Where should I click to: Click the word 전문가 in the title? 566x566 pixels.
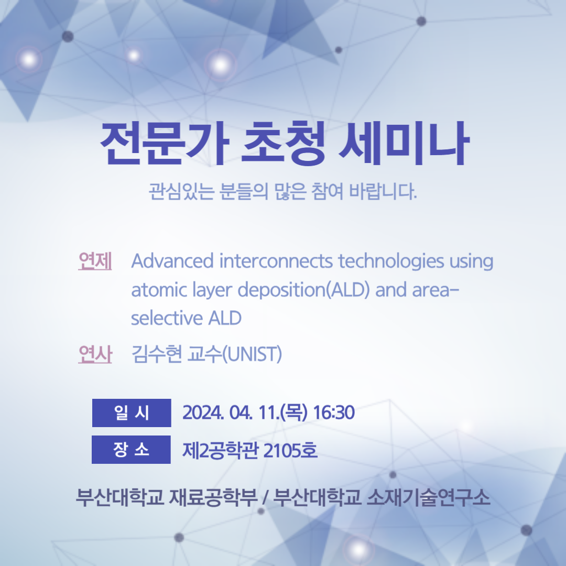point(165,143)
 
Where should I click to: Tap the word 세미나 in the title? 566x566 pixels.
point(404,143)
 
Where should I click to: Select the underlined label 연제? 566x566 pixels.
point(95,261)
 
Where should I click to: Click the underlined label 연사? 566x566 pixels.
point(95,354)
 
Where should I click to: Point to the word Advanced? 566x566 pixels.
point(172,260)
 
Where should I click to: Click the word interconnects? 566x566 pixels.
point(276,260)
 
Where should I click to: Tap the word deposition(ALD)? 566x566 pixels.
point(304,290)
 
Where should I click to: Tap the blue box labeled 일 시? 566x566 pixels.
point(132,413)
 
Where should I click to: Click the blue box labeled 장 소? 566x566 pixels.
point(131,450)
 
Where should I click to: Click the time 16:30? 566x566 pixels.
point(334,412)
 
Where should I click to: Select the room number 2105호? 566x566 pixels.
point(290,450)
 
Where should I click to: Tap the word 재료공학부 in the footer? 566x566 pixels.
point(213,497)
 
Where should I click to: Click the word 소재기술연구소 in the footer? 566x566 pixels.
point(429,497)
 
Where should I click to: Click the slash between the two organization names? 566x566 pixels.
point(265,498)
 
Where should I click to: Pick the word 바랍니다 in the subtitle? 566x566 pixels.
point(383,191)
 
